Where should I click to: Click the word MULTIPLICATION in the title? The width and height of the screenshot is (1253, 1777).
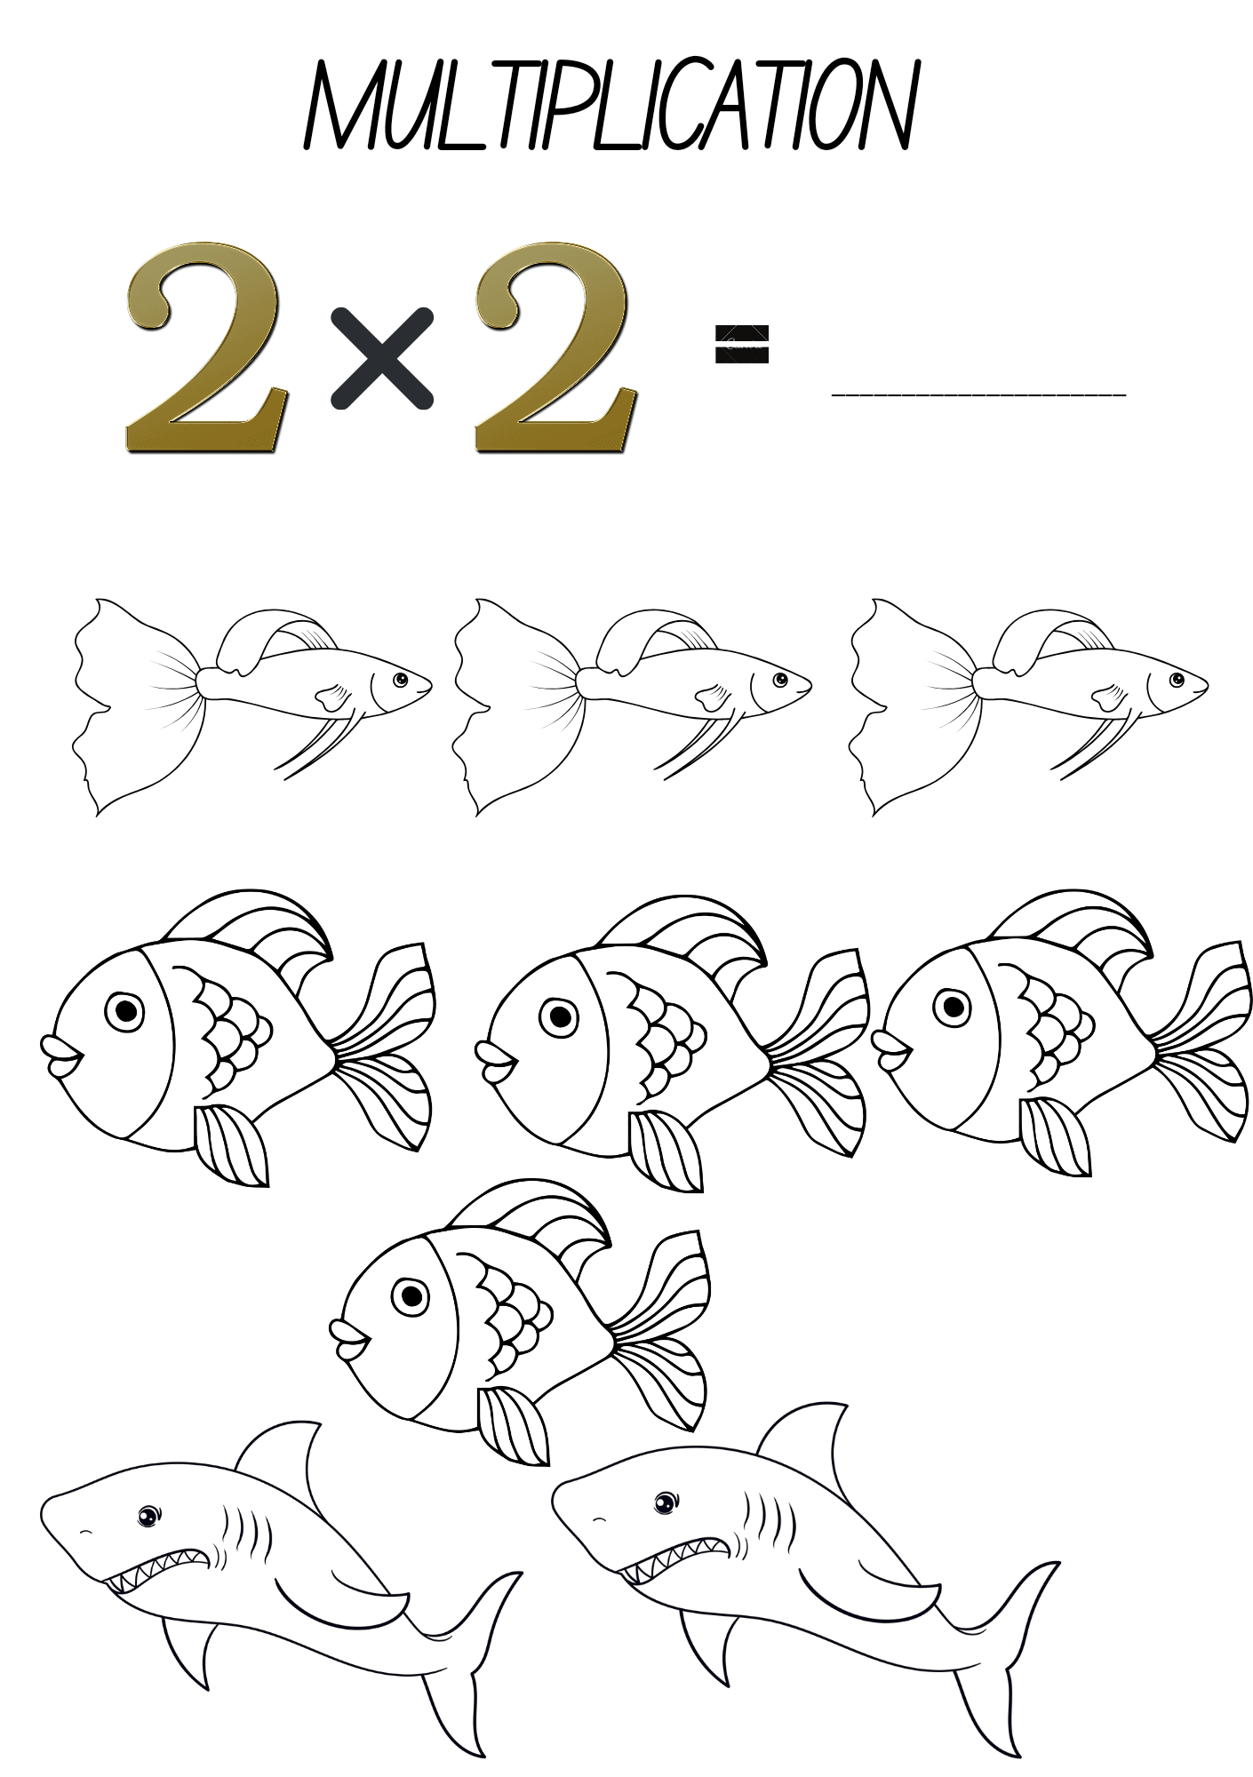pyautogui.click(x=611, y=106)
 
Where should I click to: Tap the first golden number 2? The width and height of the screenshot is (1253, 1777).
pyautogui.click(x=207, y=347)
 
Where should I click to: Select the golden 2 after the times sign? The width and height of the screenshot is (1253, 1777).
pyautogui.click(x=555, y=347)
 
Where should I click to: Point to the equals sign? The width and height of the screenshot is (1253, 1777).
pyautogui.click(x=742, y=344)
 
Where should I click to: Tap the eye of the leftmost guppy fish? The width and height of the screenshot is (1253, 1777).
pyautogui.click(x=401, y=680)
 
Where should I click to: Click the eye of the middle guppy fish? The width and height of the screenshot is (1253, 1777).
pyautogui.click(x=780, y=680)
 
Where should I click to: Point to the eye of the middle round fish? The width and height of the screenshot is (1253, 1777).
pyautogui.click(x=562, y=1014)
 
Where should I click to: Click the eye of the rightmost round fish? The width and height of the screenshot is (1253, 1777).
pyautogui.click(x=954, y=1007)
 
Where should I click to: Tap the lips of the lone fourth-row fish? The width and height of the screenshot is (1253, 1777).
pyautogui.click(x=351, y=1341)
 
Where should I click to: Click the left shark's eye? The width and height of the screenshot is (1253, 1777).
pyautogui.click(x=148, y=1516)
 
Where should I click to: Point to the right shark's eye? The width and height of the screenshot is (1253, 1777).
pyautogui.click(x=664, y=1503)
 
